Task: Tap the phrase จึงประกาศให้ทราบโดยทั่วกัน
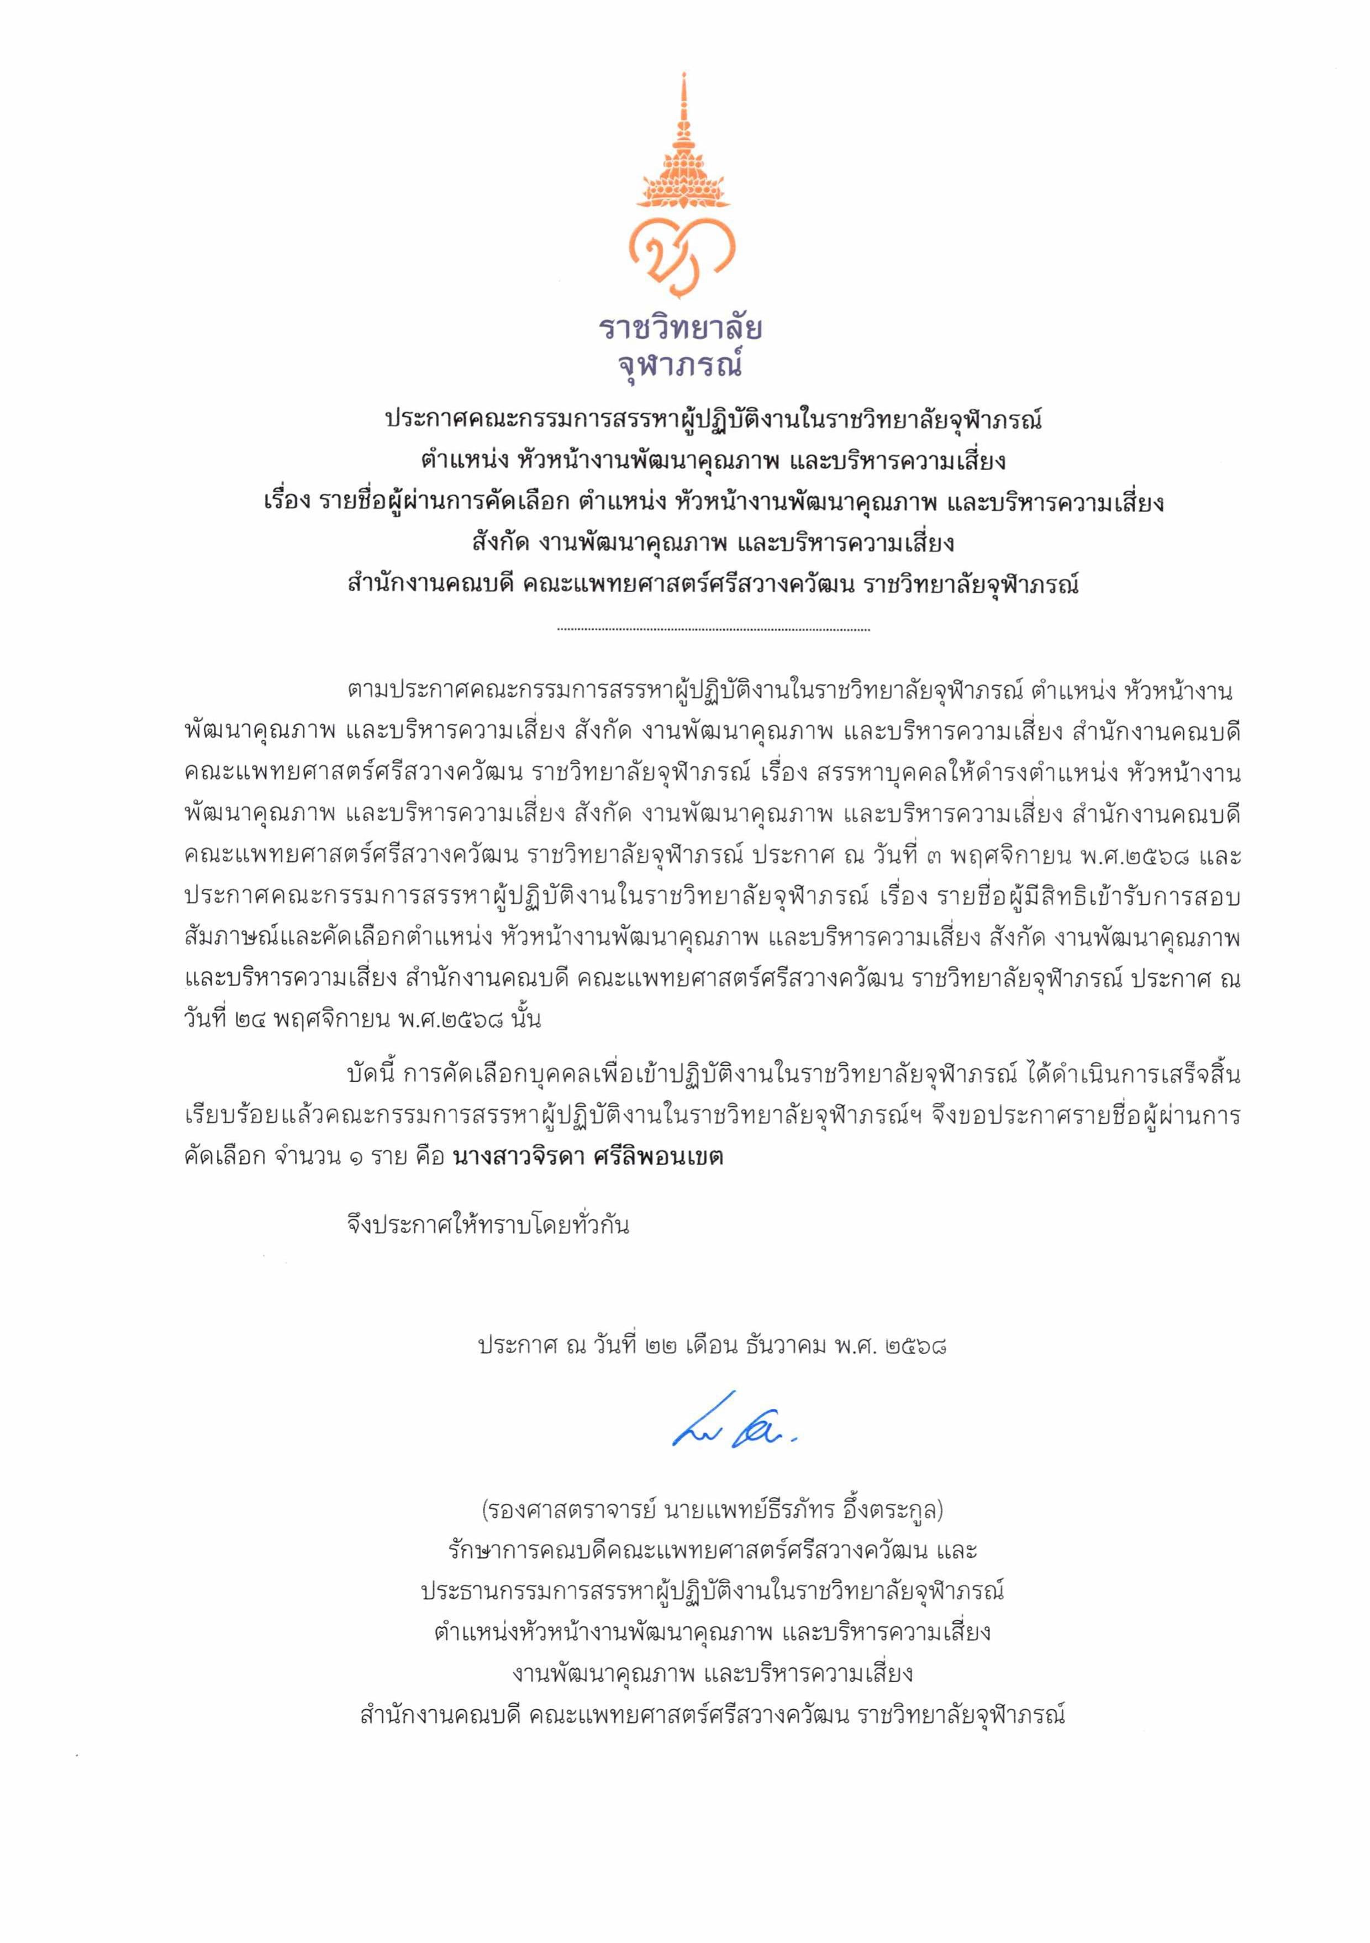point(488,1225)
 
